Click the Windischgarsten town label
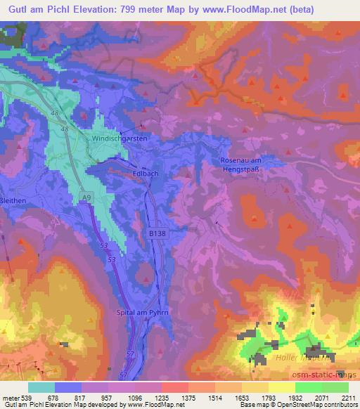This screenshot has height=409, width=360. tap(120, 140)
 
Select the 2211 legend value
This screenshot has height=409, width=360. tap(348, 397)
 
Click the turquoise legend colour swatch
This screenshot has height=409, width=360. tap(41, 387)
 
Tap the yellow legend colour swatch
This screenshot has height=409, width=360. tap(281, 387)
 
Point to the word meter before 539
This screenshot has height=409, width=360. tap(9, 397)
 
